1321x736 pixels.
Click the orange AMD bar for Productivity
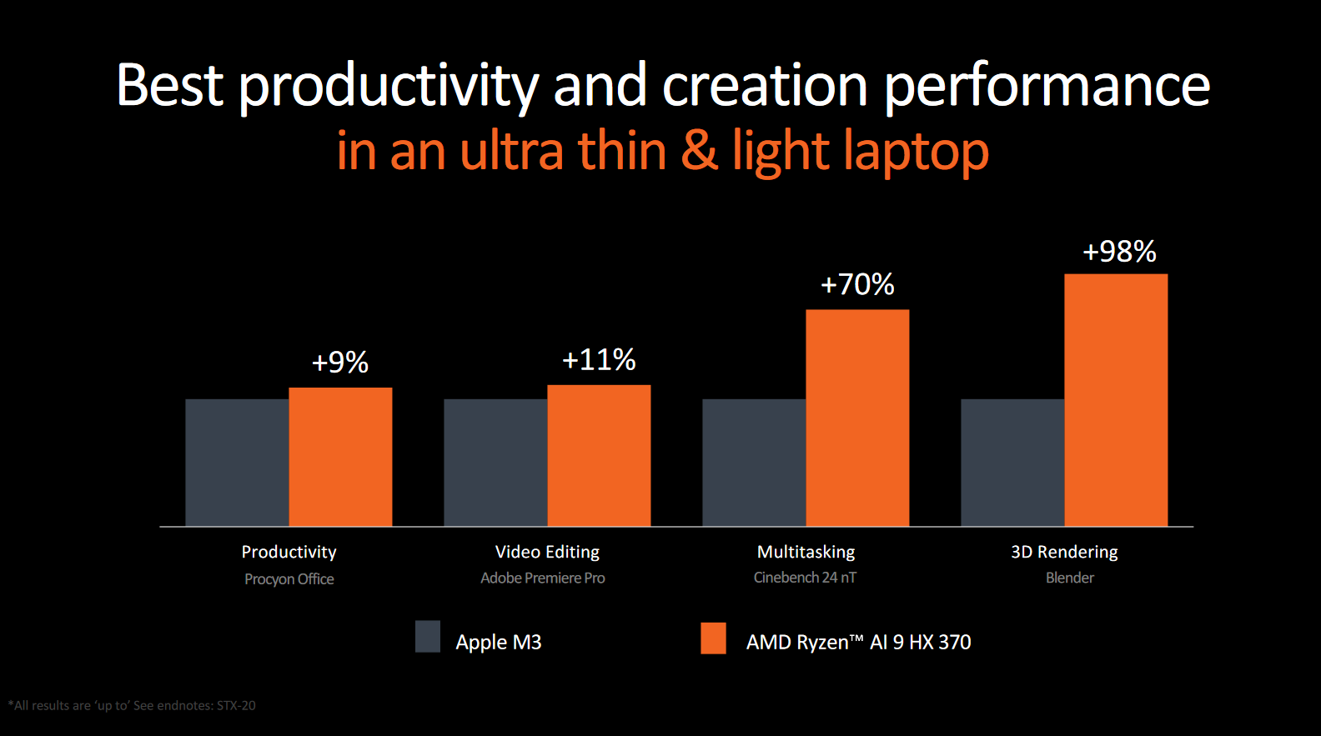pyautogui.click(x=340, y=457)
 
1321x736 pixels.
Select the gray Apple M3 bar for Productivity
pyautogui.click(x=237, y=463)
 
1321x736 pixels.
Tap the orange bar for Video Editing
pyautogui.click(x=599, y=455)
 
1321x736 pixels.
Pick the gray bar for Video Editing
pyautogui.click(x=495, y=463)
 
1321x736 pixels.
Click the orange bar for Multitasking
pyautogui.click(x=857, y=418)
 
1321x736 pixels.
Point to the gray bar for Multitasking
pyautogui.click(x=754, y=463)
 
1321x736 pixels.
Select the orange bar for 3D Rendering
pyautogui.click(x=1116, y=400)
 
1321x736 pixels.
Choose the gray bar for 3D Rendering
pyautogui.click(x=1012, y=463)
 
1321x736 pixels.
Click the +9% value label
pyautogui.click(x=340, y=362)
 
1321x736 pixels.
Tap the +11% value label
pyautogui.click(x=599, y=359)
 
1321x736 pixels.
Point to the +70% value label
pyautogui.click(x=857, y=284)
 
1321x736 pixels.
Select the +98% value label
pyautogui.click(x=1119, y=251)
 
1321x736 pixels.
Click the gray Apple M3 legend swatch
pyautogui.click(x=428, y=637)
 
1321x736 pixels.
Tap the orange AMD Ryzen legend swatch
pyautogui.click(x=713, y=638)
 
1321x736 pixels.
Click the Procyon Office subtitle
pyautogui.click(x=289, y=579)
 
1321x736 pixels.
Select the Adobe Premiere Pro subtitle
pyautogui.click(x=543, y=578)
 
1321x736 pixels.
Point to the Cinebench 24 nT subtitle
pyautogui.click(x=805, y=578)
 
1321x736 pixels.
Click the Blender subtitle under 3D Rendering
pyautogui.click(x=1070, y=578)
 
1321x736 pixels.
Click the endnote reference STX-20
pyautogui.click(x=236, y=705)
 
